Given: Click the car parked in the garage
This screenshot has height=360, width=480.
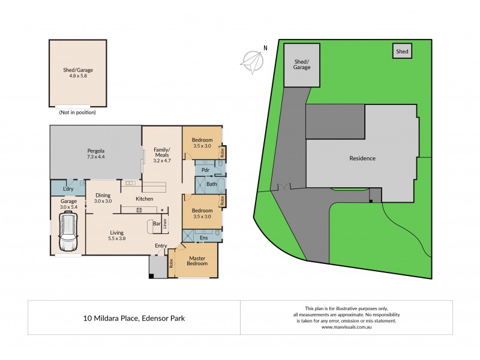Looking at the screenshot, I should click(68, 235).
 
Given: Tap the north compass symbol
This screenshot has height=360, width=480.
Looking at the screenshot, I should click(253, 58).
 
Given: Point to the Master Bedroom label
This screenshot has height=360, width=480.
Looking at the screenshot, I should click(193, 261).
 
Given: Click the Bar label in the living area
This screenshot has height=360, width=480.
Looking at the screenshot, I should click(156, 224).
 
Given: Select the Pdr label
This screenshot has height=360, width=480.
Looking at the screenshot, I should click(205, 170).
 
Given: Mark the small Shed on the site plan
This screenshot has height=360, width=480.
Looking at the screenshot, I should click(402, 52).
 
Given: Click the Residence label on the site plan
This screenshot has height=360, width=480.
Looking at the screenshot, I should click(362, 158).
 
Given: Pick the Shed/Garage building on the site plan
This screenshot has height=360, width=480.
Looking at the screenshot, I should click(302, 64).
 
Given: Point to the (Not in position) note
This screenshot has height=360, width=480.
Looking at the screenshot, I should click(77, 112).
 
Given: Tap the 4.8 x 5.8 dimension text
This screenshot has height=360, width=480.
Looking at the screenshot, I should click(78, 76).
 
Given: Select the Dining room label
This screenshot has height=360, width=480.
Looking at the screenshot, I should click(103, 194).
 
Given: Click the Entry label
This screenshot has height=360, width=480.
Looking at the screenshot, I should click(161, 245).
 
